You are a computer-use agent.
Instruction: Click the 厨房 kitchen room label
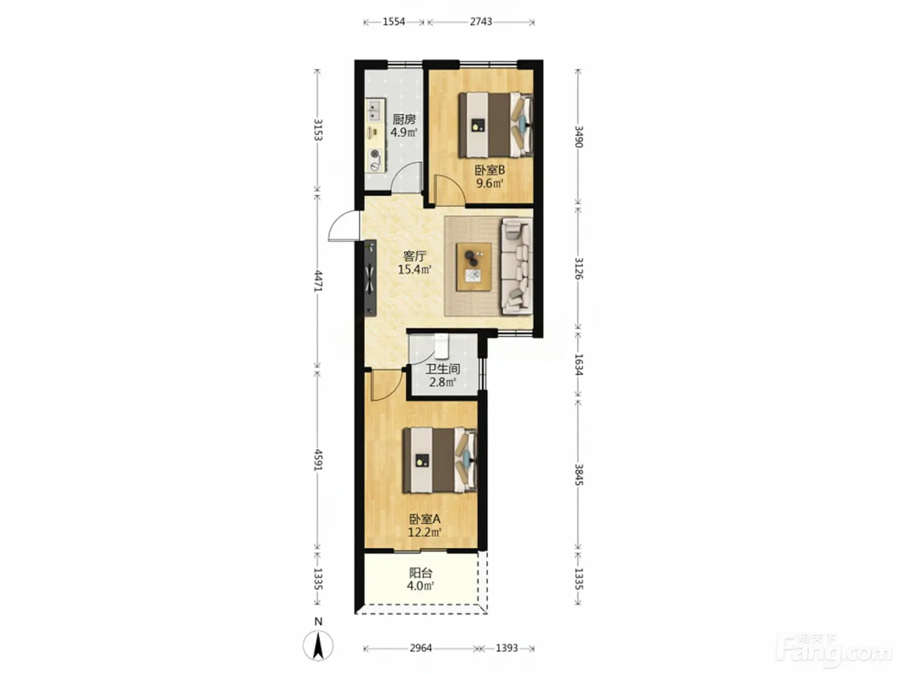point(404,119)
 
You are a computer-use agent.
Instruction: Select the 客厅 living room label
point(415,256)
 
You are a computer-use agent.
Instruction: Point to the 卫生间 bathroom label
point(443,369)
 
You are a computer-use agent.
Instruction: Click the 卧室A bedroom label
point(425,519)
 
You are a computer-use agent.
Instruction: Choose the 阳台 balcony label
point(421,573)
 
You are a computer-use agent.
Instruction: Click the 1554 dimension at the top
point(394,22)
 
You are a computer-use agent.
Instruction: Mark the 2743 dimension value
point(480,22)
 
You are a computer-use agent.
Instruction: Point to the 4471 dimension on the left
point(318,281)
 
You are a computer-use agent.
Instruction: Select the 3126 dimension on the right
point(579,268)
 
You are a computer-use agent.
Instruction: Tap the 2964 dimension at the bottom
point(421,648)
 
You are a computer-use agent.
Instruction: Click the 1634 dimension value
point(579,364)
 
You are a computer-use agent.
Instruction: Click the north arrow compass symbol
point(318,646)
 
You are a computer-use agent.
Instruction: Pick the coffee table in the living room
point(474,267)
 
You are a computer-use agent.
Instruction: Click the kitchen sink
point(89,110)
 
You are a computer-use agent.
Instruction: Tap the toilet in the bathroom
point(441,346)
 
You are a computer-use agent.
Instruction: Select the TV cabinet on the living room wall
point(84,278)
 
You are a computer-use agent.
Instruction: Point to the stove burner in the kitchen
point(88,154)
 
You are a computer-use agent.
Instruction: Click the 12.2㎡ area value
point(425,532)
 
